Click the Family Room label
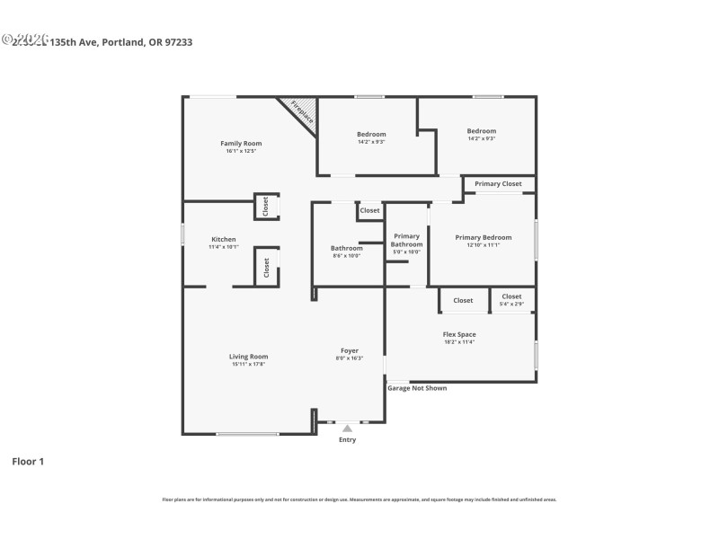coord(241,144)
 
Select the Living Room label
coord(248,357)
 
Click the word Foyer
coord(349,350)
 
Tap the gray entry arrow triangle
coord(347,429)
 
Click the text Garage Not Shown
coord(416,388)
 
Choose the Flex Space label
coord(459,334)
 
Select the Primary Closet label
coord(498,184)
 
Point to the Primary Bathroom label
coord(406,240)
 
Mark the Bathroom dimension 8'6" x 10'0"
coord(345,256)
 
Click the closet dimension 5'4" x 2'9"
coord(511,305)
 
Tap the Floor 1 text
coord(27,462)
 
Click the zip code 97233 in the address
coord(178,41)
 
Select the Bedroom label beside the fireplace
coord(371,134)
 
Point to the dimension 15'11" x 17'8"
coord(248,365)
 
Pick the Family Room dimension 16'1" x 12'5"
coord(241,151)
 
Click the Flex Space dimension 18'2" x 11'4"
coord(459,342)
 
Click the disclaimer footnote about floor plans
coord(359,499)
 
